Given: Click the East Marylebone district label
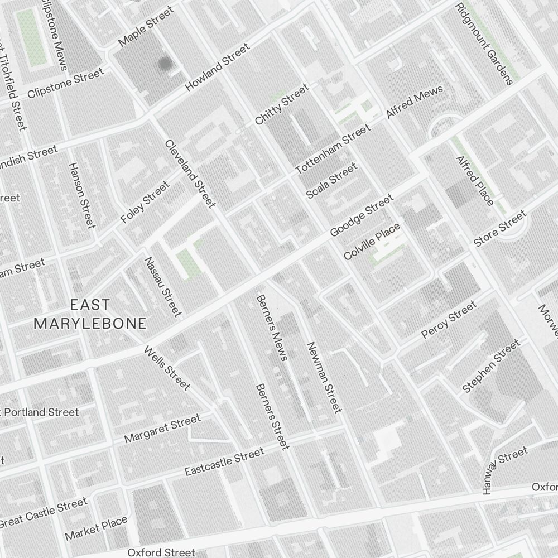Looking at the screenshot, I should (90, 314).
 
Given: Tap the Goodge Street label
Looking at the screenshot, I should (361, 215).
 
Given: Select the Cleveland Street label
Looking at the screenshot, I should (190, 174).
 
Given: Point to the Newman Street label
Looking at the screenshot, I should (324, 377).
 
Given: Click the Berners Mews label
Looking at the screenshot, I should (272, 328).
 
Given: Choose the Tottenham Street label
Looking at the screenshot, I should (333, 149).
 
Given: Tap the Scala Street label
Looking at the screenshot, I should (331, 181).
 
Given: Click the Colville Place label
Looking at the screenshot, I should (372, 241).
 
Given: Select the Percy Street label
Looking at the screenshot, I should (449, 320).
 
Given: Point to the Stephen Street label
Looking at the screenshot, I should (491, 366).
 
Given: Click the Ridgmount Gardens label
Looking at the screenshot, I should (484, 44).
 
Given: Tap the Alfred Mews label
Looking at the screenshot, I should (415, 102).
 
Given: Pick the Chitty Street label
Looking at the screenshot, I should (282, 104).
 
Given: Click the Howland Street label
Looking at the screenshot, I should (217, 68).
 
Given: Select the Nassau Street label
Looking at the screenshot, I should (163, 286).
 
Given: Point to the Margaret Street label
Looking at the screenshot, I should (162, 429).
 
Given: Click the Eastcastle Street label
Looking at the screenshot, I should (224, 463).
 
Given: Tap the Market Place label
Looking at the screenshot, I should (96, 528).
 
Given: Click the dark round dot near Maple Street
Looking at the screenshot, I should (165, 64).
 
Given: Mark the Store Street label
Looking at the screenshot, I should (499, 229).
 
